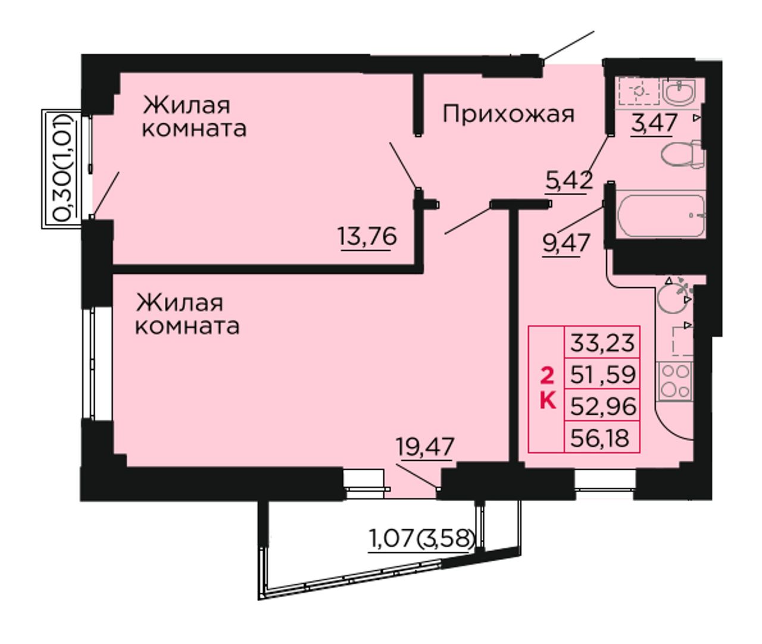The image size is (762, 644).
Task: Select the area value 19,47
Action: (424, 447)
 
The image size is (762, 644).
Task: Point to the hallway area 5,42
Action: (569, 180)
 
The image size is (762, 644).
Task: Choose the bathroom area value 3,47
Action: (654, 123)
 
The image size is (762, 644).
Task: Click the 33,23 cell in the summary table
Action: (602, 342)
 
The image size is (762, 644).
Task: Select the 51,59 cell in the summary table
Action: (602, 374)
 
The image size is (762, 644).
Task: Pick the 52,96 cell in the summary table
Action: (602, 405)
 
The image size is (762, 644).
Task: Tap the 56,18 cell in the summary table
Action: (602, 437)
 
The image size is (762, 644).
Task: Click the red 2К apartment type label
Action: (548, 390)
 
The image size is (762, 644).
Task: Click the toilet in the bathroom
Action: (683, 155)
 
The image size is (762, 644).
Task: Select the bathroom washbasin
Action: (679, 90)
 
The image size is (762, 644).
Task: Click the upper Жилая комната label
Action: (194, 117)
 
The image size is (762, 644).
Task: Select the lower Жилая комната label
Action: (188, 314)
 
